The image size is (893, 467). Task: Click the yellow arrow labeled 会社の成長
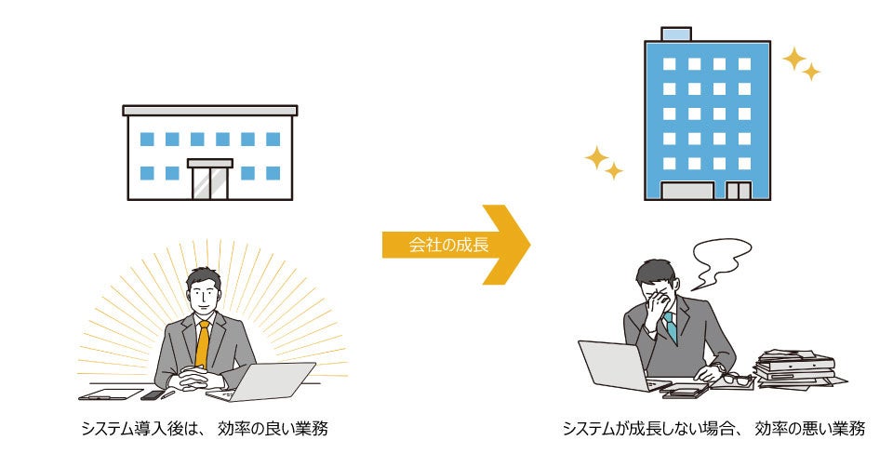pos(456,245)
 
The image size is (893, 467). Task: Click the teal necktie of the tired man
pos(670,327)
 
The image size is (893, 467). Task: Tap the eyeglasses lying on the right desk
pos(735,379)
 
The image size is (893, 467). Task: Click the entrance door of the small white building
pos(209,180)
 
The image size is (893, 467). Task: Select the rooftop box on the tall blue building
pos(676,34)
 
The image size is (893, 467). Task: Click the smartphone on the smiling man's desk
pos(152,394)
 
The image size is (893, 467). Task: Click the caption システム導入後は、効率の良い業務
pos(203,429)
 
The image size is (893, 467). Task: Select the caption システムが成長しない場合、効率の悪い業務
pos(713,429)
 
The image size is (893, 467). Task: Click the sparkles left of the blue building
pos(604,163)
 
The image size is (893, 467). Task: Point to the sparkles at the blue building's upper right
pos(801,64)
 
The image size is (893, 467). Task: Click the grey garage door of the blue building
pos(686,191)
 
